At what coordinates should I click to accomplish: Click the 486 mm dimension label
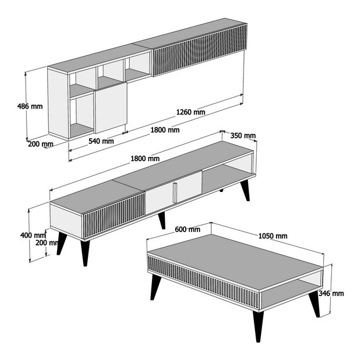[x=29, y=106]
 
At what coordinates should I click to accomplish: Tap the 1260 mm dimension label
[x=191, y=112]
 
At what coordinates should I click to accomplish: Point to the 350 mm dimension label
[x=243, y=136]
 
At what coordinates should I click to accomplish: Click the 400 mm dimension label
[x=31, y=235]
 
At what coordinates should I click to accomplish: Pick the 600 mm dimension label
[x=187, y=229]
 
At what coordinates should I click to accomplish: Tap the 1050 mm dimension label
[x=272, y=236]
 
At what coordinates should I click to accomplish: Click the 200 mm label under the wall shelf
[x=40, y=144]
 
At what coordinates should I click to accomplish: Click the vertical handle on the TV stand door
[x=174, y=193]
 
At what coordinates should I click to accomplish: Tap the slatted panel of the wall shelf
[x=198, y=52]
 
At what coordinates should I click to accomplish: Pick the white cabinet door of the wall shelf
[x=111, y=108]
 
